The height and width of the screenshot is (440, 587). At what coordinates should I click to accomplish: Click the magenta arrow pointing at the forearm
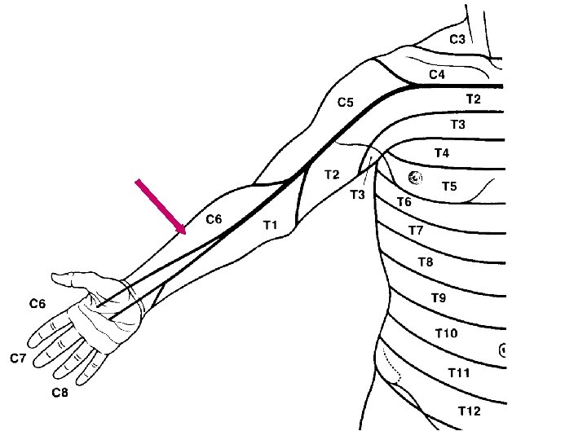(161, 207)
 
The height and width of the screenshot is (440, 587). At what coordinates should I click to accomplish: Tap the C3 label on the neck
(457, 39)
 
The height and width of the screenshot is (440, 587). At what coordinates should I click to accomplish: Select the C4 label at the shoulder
(437, 74)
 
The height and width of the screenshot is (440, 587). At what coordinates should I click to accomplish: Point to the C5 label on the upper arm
(346, 103)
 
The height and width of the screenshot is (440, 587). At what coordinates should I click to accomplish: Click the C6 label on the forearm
(214, 218)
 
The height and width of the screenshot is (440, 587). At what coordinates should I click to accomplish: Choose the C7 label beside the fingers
(18, 359)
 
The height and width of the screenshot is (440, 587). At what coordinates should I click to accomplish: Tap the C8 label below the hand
(60, 393)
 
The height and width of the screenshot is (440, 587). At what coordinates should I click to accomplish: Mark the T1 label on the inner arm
(271, 225)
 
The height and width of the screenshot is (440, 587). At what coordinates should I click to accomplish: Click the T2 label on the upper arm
(332, 174)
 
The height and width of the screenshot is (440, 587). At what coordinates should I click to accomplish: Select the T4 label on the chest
(441, 152)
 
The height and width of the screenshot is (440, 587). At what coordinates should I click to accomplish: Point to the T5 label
(449, 187)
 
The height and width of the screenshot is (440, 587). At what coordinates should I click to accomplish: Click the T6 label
(404, 201)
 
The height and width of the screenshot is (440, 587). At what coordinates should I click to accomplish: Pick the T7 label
(416, 231)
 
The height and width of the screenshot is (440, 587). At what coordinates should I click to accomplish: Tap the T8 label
(426, 262)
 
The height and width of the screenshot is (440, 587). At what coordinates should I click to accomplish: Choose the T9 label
(439, 297)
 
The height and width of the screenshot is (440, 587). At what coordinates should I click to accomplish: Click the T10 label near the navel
(446, 333)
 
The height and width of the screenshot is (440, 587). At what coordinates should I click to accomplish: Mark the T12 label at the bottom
(469, 410)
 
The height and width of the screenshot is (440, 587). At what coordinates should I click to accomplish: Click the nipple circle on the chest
(415, 177)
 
